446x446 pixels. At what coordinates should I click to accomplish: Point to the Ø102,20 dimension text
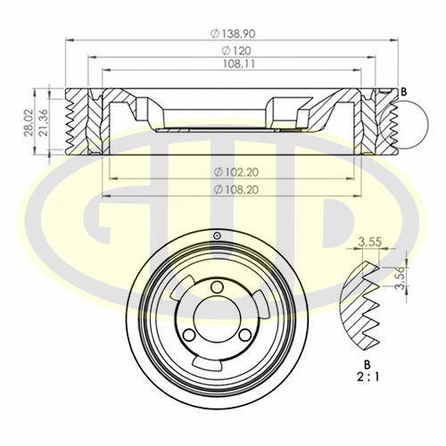coord(235,172)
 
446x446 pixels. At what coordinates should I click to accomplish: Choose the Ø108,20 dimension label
coord(235,190)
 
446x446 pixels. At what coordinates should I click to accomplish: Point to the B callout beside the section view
coord(404,92)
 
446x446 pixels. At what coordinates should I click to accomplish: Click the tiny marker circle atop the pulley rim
coord(217,235)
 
